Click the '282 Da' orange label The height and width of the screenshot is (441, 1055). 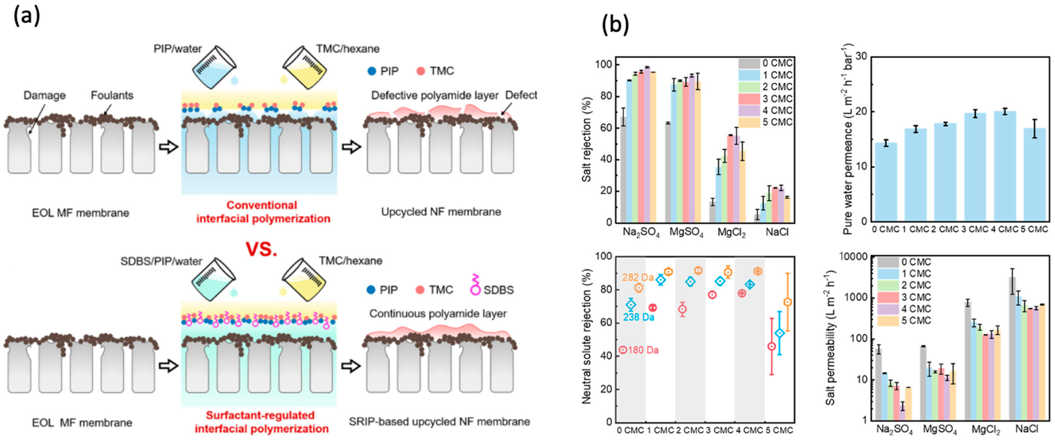pyautogui.click(x=638, y=277)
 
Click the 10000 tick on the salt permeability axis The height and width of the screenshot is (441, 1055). pyautogui.click(x=854, y=257)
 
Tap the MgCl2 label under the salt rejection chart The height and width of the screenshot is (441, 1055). pyautogui.click(x=731, y=233)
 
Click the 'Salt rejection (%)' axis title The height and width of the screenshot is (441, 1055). pyautogui.click(x=586, y=139)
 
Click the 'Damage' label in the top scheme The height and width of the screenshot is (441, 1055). pyautogui.click(x=44, y=95)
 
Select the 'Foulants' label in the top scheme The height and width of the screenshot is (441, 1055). pyautogui.click(x=112, y=95)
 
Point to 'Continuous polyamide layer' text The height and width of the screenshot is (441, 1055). pyautogui.click(x=438, y=314)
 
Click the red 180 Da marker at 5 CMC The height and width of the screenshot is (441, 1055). pyautogui.click(x=771, y=346)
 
